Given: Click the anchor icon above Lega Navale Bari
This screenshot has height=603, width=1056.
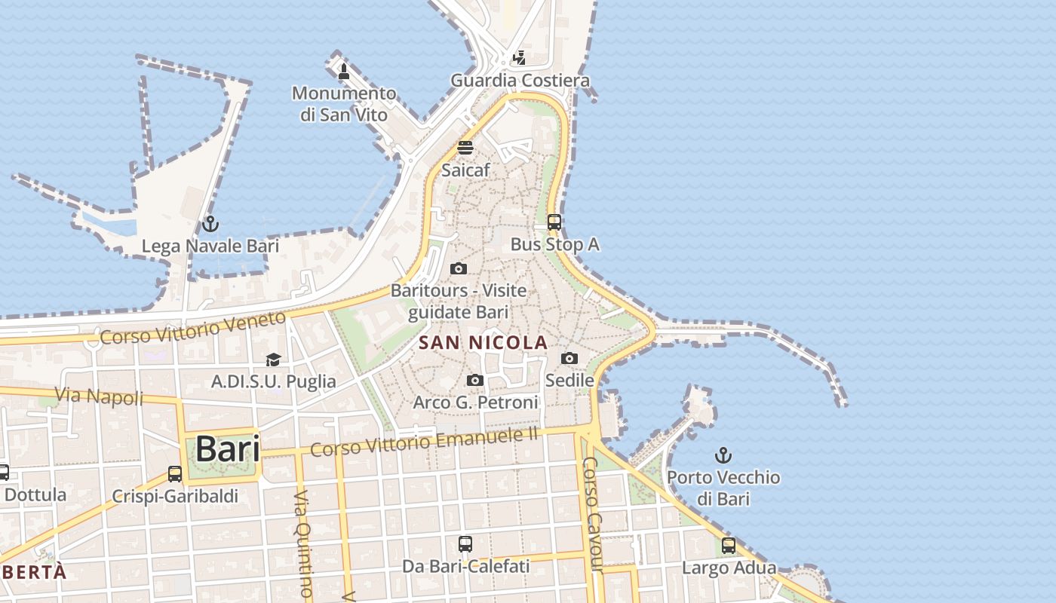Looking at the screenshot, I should [210, 224].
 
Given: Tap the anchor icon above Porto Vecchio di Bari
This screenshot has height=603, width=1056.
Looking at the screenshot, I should [723, 455].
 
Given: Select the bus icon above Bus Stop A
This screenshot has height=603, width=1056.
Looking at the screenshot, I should [554, 222].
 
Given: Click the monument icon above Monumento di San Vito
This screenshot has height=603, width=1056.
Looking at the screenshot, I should [344, 72].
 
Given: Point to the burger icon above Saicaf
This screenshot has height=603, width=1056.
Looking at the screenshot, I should [465, 147].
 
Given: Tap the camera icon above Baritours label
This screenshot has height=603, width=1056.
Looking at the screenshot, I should [458, 269].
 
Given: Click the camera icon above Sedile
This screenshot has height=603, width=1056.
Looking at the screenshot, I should [569, 359].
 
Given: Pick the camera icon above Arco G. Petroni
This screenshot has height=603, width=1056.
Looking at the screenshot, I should [475, 381].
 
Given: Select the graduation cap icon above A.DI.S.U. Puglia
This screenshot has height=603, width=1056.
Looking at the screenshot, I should [273, 360].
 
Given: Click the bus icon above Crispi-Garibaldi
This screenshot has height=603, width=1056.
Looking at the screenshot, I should [175, 474].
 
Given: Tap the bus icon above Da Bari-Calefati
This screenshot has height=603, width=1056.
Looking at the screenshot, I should [465, 543].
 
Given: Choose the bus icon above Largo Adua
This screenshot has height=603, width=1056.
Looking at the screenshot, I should [729, 546].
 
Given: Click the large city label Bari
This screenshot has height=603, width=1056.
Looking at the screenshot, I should [227, 449].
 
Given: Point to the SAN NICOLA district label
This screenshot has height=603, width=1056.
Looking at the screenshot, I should [483, 343].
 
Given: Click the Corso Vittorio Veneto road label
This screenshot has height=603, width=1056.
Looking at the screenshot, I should [193, 328].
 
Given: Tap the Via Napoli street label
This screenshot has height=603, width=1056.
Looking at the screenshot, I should [99, 396].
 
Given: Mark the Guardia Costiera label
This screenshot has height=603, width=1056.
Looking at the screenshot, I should [520, 80].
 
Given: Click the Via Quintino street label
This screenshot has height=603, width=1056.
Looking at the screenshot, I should [303, 543].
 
